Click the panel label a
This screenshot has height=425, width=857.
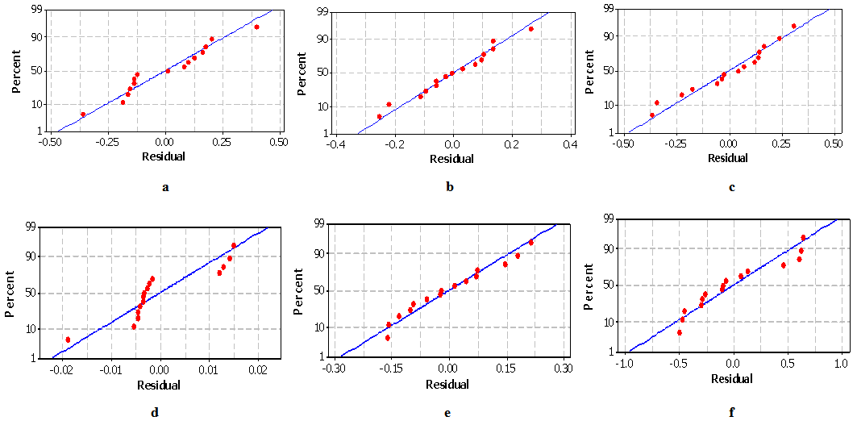click(165, 188)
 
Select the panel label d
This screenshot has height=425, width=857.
click(154, 413)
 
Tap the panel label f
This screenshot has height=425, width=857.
click(731, 413)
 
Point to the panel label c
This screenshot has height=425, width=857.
click(731, 188)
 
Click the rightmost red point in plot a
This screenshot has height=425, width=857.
click(256, 27)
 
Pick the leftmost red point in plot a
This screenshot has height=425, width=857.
click(83, 115)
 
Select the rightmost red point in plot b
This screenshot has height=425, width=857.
click(531, 29)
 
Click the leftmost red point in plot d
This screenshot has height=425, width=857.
click(68, 340)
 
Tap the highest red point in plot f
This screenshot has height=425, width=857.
click(803, 237)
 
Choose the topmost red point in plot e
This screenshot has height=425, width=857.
click(531, 243)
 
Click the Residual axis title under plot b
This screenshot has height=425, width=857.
click(451, 159)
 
